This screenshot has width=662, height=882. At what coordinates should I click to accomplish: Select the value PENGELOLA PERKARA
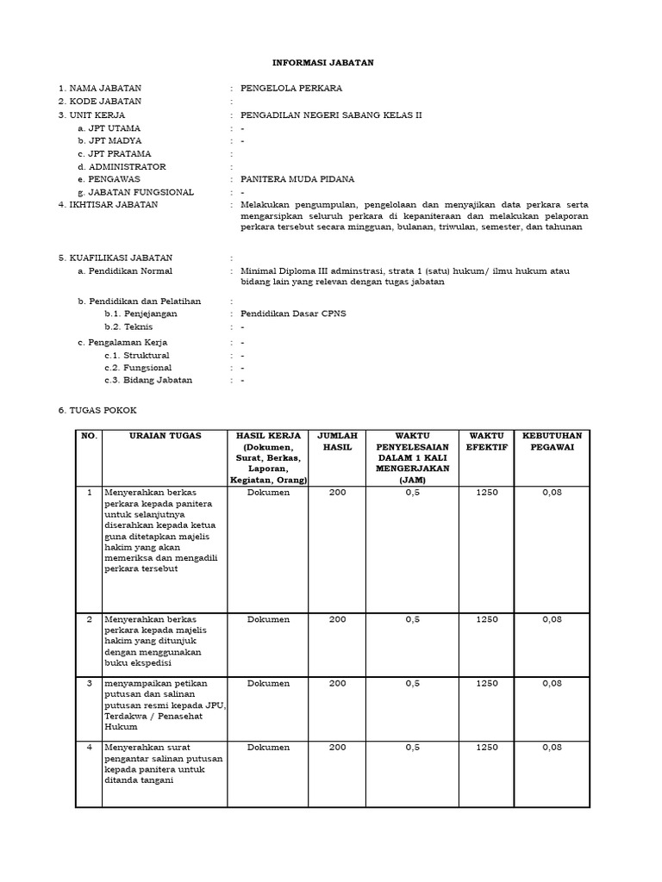click(x=290, y=89)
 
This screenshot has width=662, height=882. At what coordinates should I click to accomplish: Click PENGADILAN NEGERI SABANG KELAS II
click(x=331, y=115)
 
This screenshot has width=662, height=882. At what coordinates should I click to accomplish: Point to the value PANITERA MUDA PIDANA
click(x=297, y=179)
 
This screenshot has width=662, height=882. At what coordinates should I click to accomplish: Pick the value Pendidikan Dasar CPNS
click(x=293, y=314)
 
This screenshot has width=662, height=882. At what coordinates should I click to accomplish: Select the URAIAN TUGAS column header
click(x=164, y=436)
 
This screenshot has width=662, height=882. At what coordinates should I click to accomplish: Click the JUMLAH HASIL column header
click(x=337, y=442)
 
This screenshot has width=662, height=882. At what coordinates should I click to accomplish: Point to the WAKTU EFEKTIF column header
click(x=486, y=442)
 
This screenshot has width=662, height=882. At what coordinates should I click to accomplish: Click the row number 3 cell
click(x=89, y=683)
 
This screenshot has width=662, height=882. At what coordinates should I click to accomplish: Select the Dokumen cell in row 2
click(x=268, y=619)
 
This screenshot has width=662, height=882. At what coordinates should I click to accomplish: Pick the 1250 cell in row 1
click(x=486, y=493)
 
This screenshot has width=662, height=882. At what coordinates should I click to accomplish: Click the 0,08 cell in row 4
click(x=552, y=747)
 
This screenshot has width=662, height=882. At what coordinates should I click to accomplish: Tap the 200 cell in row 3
click(x=337, y=683)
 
